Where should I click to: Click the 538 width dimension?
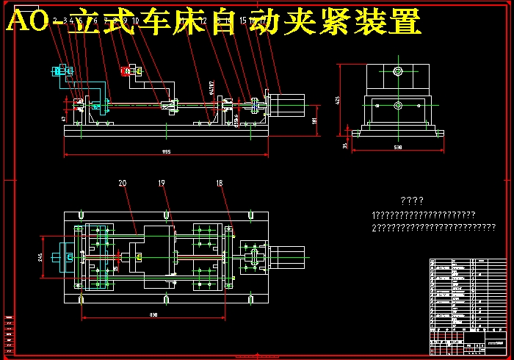click(398, 148)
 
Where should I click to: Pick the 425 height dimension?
click(337, 99)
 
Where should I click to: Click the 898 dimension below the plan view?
click(153, 314)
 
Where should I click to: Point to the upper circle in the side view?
click(397, 71)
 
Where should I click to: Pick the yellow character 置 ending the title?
click(405, 21)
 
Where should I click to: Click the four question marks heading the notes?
click(413, 200)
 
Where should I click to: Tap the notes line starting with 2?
click(433, 228)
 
